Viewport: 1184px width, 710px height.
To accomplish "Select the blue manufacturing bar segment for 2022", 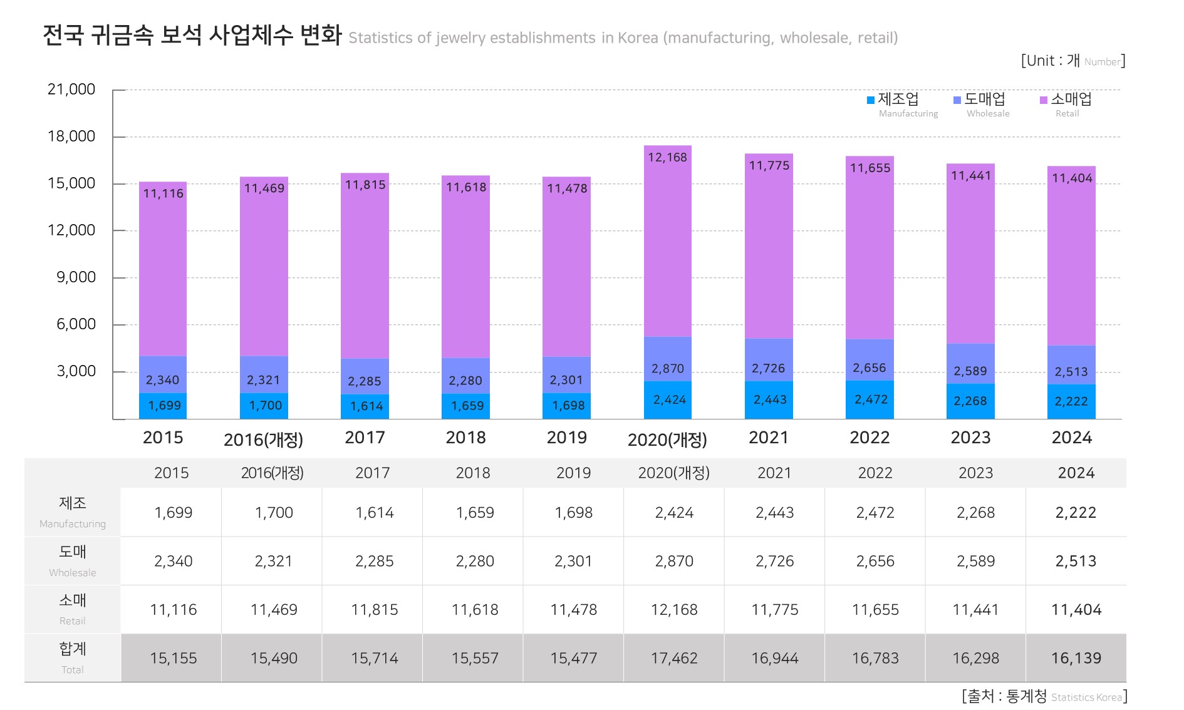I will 870,399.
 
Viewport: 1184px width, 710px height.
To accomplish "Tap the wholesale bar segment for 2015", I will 163,374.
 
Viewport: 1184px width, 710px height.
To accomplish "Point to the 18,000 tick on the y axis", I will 71,136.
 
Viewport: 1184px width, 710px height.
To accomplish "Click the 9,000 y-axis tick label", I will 76,277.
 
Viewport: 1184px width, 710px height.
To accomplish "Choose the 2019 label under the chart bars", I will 566,438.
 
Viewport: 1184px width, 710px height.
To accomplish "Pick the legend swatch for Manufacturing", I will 871,100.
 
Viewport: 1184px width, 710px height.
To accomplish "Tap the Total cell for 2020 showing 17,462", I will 674,658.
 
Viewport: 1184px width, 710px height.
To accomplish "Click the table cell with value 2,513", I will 1076,561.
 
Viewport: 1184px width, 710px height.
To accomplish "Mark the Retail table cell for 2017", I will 374,609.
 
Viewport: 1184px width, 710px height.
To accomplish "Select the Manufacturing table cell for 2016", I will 274,513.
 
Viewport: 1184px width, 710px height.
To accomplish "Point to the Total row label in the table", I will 73,657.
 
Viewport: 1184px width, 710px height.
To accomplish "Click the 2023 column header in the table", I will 975,473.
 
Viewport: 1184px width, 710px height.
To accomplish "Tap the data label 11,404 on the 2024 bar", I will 1071,178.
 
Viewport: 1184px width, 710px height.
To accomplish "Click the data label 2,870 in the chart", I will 667,369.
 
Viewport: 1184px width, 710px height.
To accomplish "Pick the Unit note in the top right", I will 1072,61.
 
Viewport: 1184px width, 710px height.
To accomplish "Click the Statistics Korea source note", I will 1044,696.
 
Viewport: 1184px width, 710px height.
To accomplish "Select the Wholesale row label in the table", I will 73,560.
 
